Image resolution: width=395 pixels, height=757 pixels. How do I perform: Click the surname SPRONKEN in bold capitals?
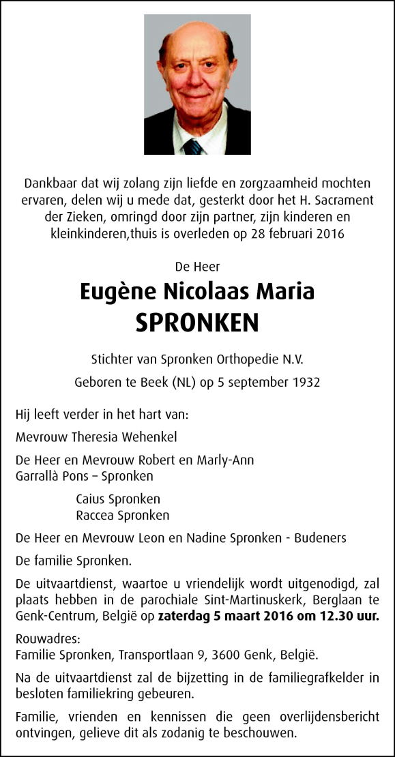tap(197, 323)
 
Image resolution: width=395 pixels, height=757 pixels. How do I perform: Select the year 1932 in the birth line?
tap(305, 383)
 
